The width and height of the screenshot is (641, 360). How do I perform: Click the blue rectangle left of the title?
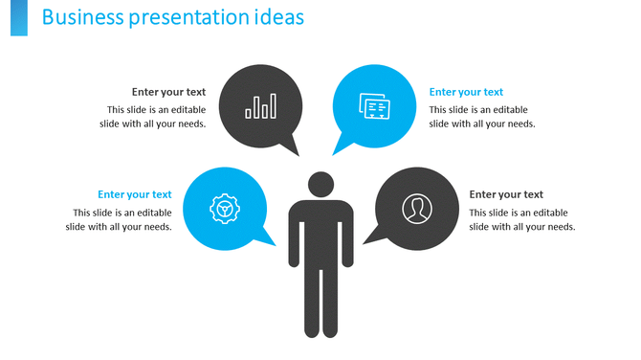(18, 18)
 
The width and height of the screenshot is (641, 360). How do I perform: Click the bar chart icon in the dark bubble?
(260, 105)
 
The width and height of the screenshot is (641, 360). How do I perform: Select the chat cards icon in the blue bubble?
(373, 105)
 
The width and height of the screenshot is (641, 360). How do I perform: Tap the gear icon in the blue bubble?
(223, 208)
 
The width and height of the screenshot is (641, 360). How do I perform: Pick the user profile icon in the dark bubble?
(416, 208)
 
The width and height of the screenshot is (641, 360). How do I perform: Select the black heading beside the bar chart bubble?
(168, 92)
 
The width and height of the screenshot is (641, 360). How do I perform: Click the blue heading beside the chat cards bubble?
(466, 92)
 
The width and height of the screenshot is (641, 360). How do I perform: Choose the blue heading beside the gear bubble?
(135, 194)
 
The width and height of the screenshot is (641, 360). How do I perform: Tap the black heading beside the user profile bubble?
(506, 194)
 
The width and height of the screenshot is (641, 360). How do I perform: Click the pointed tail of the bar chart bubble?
(291, 148)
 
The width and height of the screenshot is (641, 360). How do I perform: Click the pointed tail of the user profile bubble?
(370, 237)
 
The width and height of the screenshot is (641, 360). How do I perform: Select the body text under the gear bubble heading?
(120, 219)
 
